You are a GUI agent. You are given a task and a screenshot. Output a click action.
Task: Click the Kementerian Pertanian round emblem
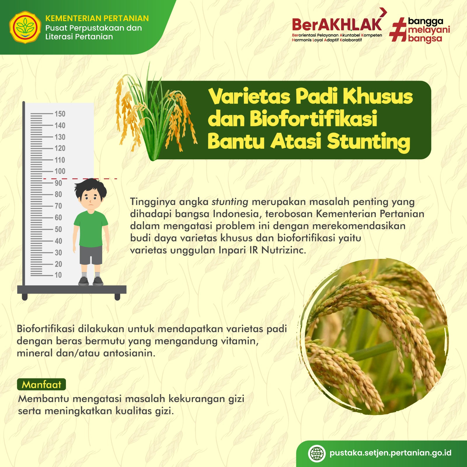(25, 27)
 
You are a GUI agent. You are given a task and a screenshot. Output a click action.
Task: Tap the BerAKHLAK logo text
(337, 25)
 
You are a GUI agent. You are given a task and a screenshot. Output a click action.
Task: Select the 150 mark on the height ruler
(60, 114)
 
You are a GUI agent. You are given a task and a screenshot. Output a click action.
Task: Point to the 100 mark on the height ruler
(60, 171)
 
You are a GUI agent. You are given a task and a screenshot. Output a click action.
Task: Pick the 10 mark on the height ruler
(58, 275)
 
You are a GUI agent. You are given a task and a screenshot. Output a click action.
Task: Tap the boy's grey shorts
(91, 255)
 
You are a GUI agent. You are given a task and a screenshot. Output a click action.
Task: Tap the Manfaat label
(41, 384)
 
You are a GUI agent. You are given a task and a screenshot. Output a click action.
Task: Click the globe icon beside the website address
(317, 454)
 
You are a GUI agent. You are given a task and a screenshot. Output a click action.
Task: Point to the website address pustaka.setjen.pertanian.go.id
(391, 453)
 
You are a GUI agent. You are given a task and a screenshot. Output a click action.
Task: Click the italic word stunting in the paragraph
(230, 202)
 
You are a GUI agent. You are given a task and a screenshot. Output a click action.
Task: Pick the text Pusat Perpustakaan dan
(93, 28)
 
